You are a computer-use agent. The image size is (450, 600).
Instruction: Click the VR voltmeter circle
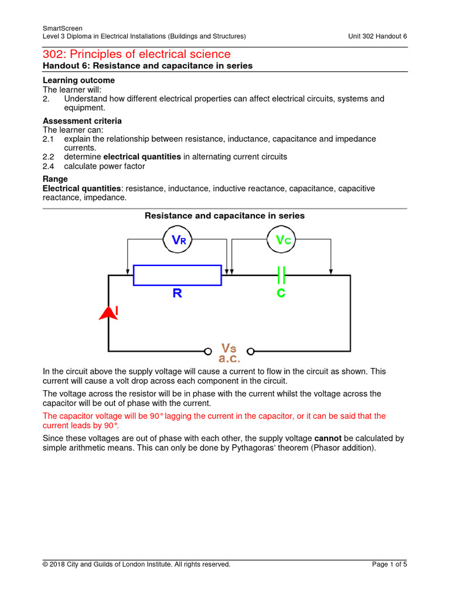178,240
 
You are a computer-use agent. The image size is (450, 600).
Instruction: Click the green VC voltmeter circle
282,240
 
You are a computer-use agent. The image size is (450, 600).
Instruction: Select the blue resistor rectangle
177,275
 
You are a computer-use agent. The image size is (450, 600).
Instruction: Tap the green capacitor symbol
281,274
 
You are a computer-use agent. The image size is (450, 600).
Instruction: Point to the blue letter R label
177,293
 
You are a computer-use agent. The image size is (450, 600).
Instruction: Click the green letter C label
281,293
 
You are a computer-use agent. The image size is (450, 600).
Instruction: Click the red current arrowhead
108,313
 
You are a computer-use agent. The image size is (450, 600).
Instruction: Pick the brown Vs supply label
229,348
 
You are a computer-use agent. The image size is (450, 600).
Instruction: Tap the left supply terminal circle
207,352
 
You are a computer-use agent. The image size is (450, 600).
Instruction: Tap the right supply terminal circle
250,352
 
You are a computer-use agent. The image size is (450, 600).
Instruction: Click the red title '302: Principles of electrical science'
137,54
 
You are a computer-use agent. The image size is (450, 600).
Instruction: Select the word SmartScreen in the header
63,28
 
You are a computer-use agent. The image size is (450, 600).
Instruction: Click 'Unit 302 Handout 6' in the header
377,36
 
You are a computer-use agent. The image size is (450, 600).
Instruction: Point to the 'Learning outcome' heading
79,80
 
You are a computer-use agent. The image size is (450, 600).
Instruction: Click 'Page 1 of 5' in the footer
389,564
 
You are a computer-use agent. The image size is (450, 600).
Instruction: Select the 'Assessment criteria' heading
82,121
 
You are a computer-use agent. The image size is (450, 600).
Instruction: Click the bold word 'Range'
55,179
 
